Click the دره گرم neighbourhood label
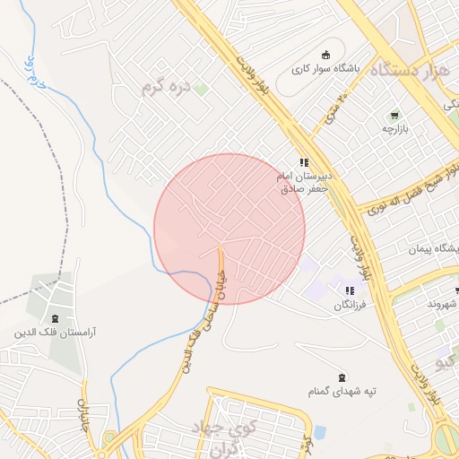tap(166, 88)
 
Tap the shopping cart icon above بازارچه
tap(394, 116)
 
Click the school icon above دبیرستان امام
tap(304, 162)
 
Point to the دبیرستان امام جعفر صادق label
tap(304, 183)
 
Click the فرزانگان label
tap(351, 306)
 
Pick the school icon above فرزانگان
tap(350, 291)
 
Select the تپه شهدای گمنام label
tap(341, 392)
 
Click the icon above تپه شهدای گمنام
tap(341, 377)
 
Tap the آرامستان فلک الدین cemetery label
tap(55, 332)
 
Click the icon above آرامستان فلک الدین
tap(55, 317)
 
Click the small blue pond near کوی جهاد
tap(320, 433)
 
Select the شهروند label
tap(442, 305)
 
